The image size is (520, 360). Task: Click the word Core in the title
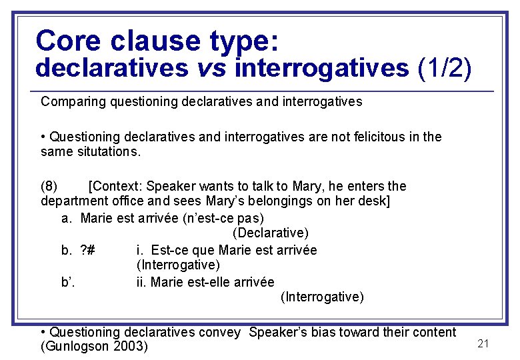[69, 41]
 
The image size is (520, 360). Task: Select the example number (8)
[49, 186]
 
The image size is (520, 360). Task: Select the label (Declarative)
[271, 233]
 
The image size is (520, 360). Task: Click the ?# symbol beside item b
[87, 250]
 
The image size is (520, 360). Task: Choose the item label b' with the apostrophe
[68, 282]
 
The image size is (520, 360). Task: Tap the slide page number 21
[484, 343]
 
